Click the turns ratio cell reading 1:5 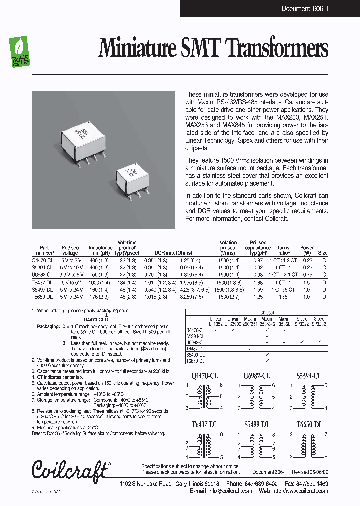(x=283, y=297)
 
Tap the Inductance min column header (x=100, y=250)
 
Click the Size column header (x=323, y=253)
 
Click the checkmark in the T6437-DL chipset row (x=249, y=348)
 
